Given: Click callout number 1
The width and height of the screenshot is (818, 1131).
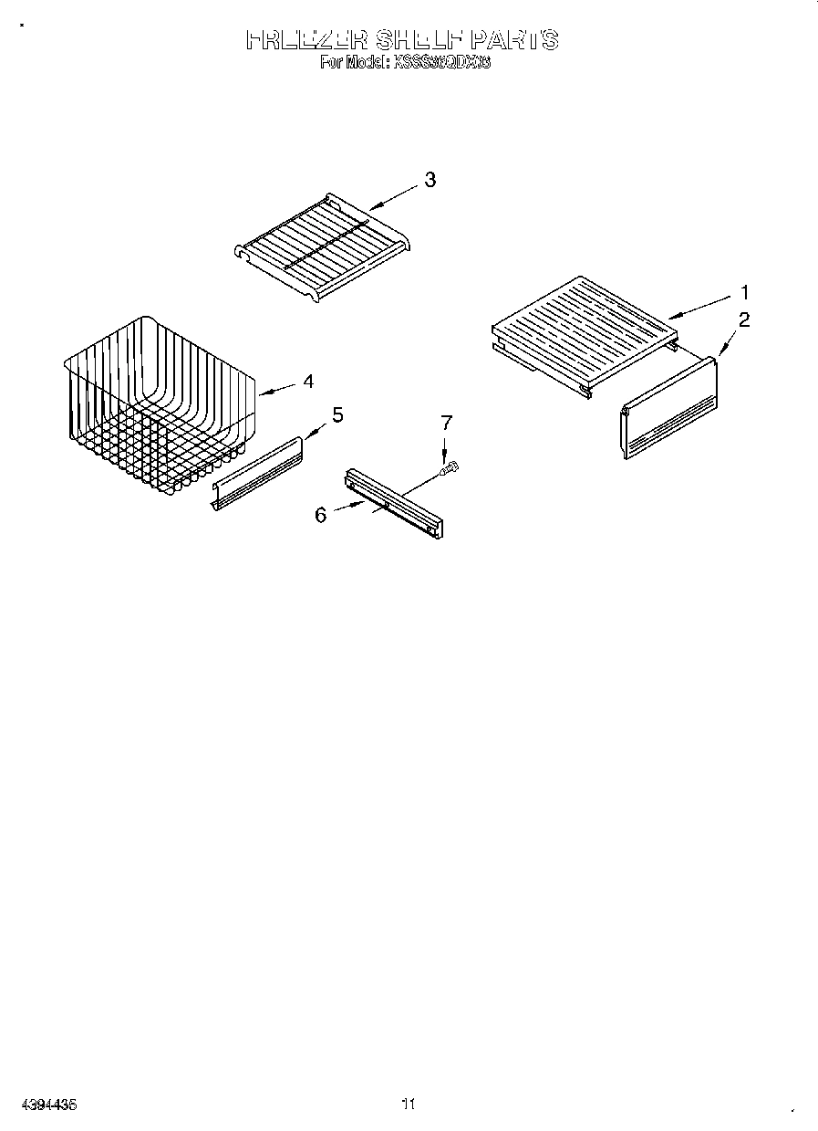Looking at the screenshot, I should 744,293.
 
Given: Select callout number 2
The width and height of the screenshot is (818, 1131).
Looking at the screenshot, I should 744,319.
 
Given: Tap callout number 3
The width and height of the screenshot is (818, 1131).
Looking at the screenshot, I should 430,180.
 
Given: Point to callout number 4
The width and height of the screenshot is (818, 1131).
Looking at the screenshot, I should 308,382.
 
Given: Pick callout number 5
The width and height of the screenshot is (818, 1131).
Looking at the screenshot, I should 337,415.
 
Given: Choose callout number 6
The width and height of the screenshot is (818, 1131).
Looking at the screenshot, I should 321,515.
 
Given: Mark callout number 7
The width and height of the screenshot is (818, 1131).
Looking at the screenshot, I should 446,423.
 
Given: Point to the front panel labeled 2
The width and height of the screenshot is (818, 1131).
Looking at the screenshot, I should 668,408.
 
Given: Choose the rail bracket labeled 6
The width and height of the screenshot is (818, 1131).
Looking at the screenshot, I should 393,502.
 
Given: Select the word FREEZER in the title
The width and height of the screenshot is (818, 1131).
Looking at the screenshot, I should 306,40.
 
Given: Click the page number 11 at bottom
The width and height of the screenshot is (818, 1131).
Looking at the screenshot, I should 409,1105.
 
